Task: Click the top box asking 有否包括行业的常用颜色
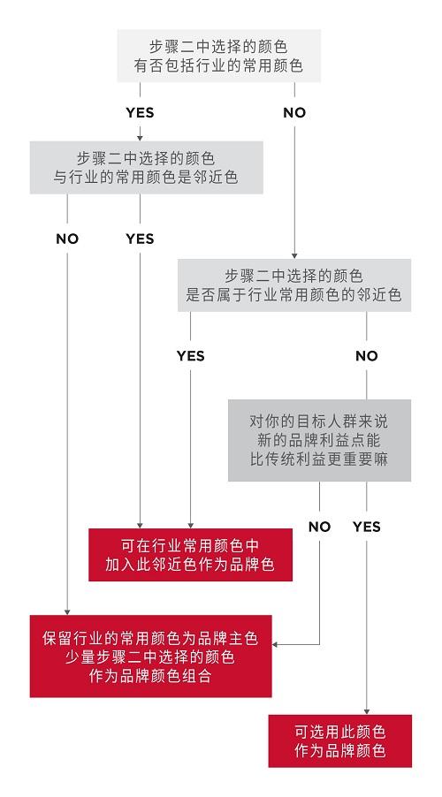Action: pos(218,56)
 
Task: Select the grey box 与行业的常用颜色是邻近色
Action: pos(146,167)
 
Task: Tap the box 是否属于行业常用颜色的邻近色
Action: pos(294,285)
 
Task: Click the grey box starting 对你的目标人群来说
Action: pos(319,440)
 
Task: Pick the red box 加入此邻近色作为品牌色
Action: pos(190,555)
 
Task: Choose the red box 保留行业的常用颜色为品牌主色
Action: pos(150,657)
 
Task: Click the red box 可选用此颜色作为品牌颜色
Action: pos(339,741)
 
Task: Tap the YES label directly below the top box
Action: pos(140,112)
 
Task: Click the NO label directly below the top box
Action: pos(294,112)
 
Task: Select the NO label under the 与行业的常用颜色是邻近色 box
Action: pos(67,239)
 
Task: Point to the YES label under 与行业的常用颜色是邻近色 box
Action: pos(140,239)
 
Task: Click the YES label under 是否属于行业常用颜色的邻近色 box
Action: pos(191,355)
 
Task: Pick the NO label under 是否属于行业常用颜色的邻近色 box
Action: pos(367,355)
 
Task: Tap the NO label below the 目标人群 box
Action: pos(319,527)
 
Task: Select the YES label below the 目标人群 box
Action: pos(367,527)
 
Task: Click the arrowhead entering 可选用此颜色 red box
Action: pos(367,711)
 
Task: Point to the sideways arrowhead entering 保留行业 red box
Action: pos(275,644)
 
